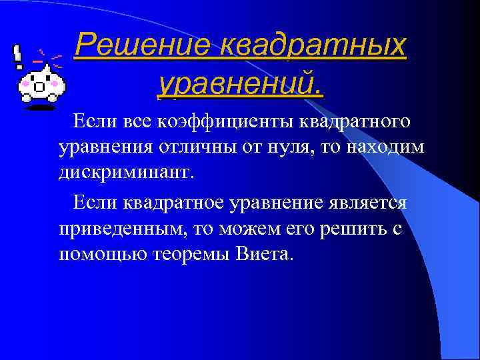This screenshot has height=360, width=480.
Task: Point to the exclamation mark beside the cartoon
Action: (x=18, y=58)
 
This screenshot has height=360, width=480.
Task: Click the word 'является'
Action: (x=369, y=203)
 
